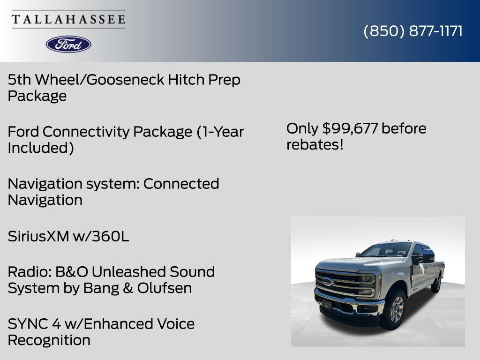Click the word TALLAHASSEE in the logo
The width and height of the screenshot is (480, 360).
point(68,19)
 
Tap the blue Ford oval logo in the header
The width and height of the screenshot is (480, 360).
point(68,45)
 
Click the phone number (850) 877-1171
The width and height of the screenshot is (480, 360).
point(413,31)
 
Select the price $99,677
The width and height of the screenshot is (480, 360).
point(350,128)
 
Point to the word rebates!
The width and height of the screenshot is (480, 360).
point(315,145)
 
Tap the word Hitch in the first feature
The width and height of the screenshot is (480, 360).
point(186,80)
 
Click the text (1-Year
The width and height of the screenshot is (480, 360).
point(220,132)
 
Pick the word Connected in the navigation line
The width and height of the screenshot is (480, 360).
point(181,184)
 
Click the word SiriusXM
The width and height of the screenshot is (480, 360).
point(38,236)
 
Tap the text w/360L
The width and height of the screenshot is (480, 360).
point(101,236)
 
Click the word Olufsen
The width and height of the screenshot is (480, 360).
point(165,288)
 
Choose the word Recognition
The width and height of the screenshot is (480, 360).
point(49,340)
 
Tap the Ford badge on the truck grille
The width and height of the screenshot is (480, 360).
point(327,281)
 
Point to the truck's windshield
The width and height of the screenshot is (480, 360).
point(386,249)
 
